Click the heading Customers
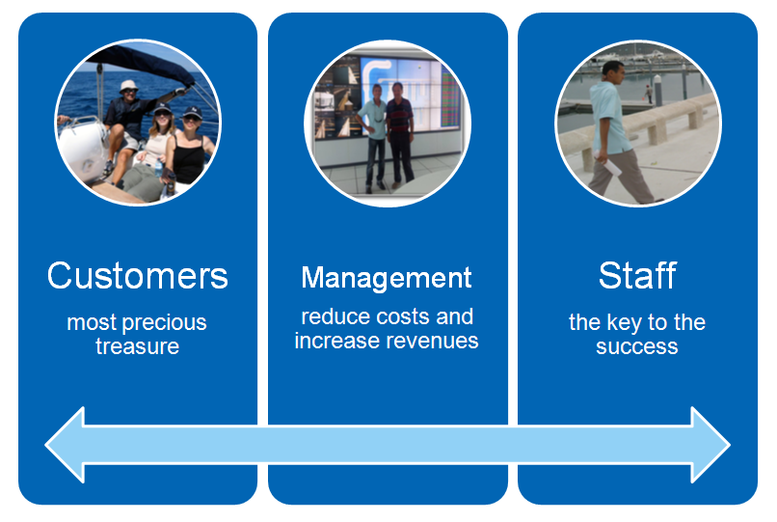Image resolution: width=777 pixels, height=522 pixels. coord(137,276)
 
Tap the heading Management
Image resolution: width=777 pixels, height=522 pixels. coord(387,278)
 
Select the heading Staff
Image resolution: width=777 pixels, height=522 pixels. coord(637,275)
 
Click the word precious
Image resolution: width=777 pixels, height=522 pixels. coord(165,323)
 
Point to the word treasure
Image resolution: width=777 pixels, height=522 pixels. coord(137,346)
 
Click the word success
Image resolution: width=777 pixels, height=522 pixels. coord(637,346)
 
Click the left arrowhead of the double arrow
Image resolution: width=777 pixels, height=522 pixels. coord(65,445)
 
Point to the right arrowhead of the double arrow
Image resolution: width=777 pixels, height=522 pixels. coord(710,445)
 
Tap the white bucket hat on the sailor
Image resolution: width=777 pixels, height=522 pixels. coord(129,85)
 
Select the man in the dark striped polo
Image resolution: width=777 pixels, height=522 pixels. coord(400,135)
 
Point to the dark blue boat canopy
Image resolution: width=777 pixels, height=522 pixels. coord(144,64)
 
